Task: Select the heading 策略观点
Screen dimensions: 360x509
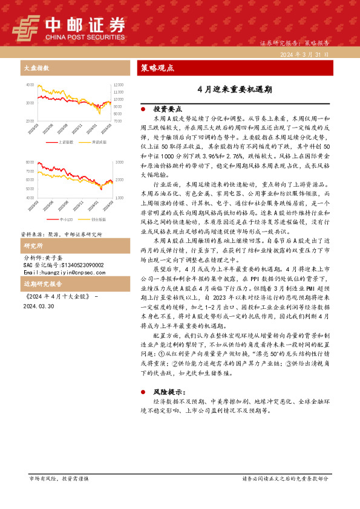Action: click(157, 68)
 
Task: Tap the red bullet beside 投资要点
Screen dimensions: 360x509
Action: click(143, 109)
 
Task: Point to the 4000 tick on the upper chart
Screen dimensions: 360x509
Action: click(30, 85)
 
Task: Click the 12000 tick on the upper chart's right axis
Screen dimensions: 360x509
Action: click(119, 85)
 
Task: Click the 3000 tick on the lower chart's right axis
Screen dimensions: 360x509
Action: click(119, 163)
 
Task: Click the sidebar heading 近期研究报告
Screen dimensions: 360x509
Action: click(42, 284)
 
